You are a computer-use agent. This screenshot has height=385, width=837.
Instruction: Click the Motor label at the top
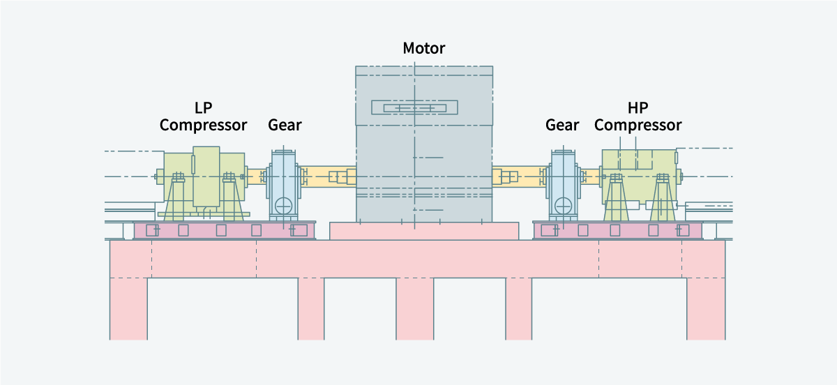[423, 48]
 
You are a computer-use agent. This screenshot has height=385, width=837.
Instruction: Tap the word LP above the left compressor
[203, 108]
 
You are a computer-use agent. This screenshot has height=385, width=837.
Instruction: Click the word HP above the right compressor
[638, 108]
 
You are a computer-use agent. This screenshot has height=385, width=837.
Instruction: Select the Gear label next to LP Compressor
[285, 126]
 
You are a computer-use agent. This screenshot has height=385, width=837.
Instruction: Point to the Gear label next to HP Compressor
[562, 126]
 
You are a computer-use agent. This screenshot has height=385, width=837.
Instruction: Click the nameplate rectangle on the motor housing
[414, 107]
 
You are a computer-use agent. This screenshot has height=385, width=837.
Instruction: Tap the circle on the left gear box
[283, 206]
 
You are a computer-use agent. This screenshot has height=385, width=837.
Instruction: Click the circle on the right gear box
[563, 206]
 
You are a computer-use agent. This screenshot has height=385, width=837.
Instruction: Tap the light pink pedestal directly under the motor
[423, 231]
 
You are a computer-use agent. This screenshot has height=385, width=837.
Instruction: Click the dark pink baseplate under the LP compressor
[223, 230]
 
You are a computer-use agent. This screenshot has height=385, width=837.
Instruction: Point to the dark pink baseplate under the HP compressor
[617, 230]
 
